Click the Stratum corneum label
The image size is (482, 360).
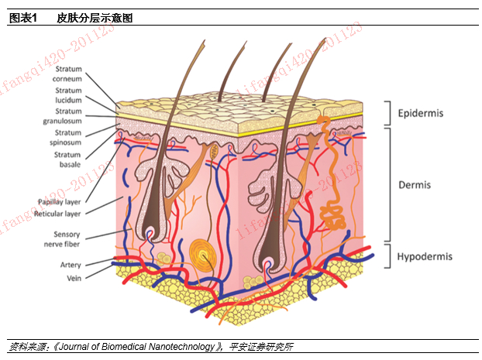(x=67, y=74)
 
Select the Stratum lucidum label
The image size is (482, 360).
(x=67, y=95)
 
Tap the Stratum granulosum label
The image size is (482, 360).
(x=63, y=116)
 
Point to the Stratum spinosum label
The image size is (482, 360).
(x=67, y=138)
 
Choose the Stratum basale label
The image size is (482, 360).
(x=67, y=159)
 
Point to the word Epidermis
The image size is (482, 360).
(x=420, y=114)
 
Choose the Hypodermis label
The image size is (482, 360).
(x=425, y=256)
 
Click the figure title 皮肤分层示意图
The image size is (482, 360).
(x=96, y=18)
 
